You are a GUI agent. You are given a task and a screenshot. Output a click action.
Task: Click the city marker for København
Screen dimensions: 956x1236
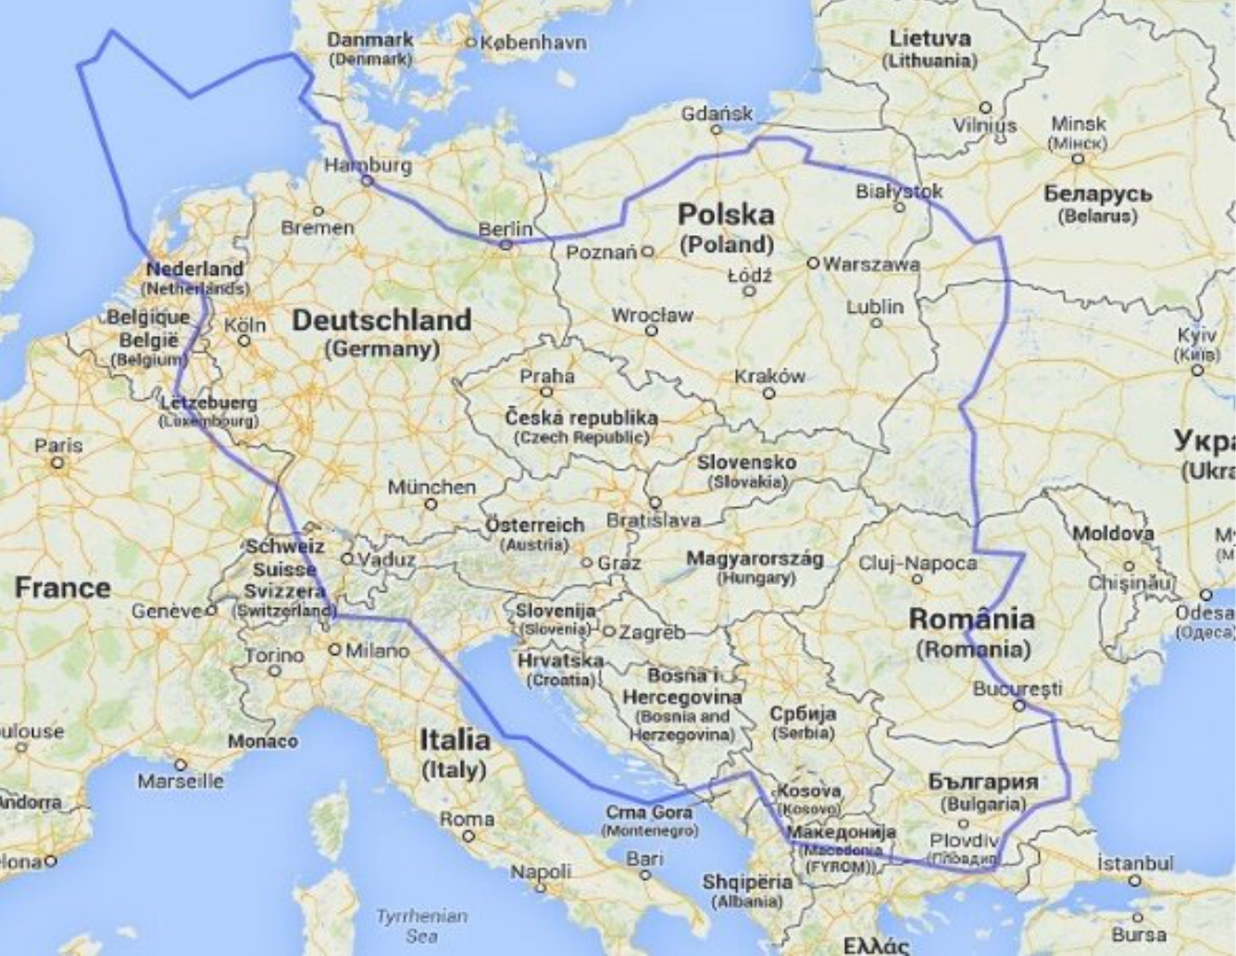470,42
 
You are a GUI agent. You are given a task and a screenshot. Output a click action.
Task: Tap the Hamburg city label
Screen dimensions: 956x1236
368,165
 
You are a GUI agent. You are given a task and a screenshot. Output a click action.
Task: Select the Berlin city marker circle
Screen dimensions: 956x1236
506,245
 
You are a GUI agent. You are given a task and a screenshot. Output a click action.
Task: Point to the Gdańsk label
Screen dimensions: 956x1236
718,114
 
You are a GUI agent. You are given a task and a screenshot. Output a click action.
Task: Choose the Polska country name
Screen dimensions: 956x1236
726,215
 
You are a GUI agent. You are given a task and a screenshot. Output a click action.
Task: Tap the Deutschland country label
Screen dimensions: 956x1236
382,320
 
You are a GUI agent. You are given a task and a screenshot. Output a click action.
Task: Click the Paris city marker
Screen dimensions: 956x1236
57,461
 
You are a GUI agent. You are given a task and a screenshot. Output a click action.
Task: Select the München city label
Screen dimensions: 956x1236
431,487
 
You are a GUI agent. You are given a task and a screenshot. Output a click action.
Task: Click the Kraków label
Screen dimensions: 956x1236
769,376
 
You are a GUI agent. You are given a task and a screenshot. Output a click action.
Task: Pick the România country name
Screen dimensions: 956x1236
971,618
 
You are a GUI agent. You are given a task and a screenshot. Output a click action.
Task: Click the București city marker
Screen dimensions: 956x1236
1018,705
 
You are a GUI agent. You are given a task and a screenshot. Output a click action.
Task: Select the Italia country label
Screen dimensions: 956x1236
455,739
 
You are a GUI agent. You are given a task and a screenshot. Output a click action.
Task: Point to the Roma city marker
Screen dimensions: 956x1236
468,836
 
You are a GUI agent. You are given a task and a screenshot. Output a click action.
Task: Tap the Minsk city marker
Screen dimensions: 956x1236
1078,158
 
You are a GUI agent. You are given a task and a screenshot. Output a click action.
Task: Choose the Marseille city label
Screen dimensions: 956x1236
181,781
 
